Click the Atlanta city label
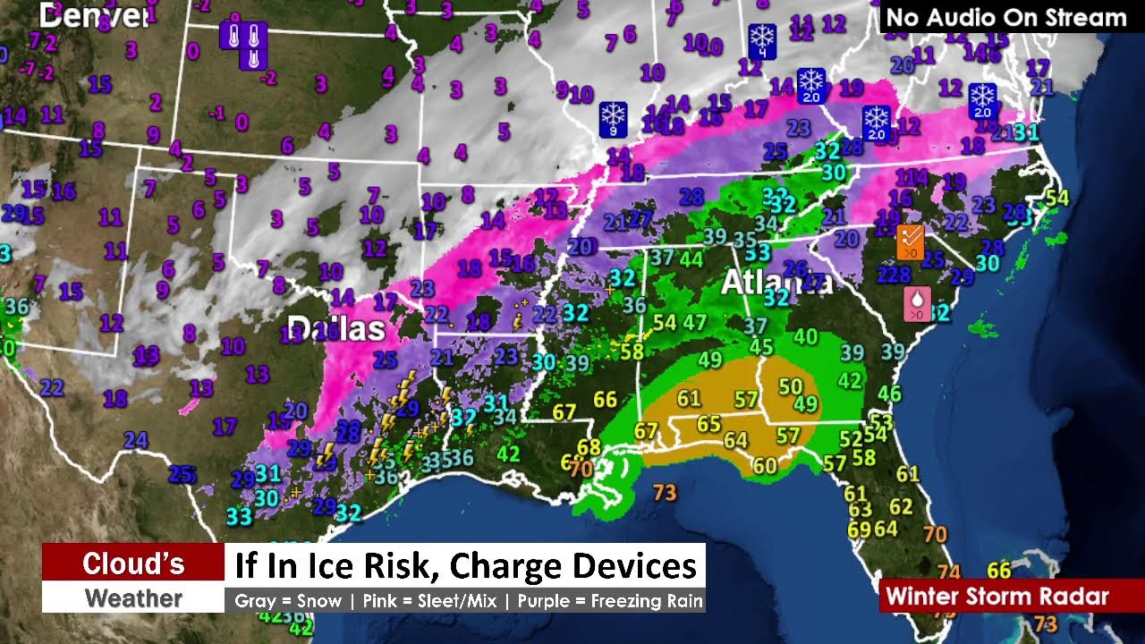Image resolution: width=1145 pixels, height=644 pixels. point(775,283)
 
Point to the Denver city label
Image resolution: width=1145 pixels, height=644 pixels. point(94,14)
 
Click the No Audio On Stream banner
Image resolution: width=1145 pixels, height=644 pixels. point(1005,17)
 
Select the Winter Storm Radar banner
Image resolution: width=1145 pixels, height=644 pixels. point(997,596)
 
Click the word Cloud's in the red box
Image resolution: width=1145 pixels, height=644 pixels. point(133,563)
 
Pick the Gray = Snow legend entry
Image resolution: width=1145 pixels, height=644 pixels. point(288,601)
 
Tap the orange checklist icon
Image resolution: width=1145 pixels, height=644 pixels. point(910,241)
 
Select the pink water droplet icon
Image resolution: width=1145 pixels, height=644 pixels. point(917,304)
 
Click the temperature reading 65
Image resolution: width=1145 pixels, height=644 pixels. point(708,424)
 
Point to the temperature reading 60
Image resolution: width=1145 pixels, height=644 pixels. point(765,466)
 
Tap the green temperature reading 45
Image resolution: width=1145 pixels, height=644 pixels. point(761,347)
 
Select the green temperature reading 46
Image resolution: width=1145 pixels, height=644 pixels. point(889,394)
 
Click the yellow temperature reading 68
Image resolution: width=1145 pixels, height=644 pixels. point(589,447)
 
